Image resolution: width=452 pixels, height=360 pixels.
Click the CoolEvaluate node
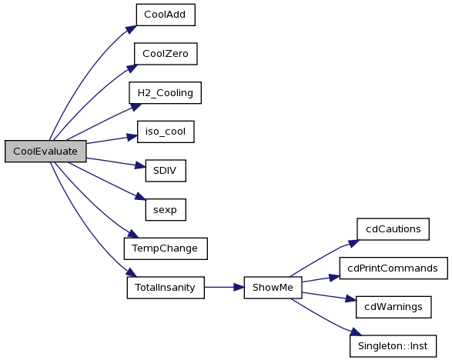45,152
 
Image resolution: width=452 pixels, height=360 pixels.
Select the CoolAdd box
166,15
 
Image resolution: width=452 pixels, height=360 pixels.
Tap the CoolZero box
166,54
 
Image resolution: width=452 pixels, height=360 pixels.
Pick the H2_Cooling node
166,93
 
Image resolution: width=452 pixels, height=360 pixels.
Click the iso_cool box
166,132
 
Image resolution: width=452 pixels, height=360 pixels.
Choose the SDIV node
166,171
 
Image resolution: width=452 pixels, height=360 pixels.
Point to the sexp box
166,210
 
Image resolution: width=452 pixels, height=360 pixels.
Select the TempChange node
166,248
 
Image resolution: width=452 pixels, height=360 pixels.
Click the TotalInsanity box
166,288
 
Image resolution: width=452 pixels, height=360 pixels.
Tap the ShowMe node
273,288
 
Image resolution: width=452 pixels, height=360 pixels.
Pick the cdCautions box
393,229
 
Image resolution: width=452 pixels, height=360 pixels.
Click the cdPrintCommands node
393,268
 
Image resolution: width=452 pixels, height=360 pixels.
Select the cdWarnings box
393,307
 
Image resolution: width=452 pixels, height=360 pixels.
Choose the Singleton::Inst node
393,346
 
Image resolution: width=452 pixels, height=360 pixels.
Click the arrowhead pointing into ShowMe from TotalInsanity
239,288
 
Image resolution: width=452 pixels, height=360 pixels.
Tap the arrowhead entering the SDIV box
141,166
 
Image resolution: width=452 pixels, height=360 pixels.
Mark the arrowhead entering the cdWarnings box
351,298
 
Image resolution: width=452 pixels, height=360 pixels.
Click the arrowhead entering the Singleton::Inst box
356,332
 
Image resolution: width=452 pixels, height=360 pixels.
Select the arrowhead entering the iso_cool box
132,137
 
